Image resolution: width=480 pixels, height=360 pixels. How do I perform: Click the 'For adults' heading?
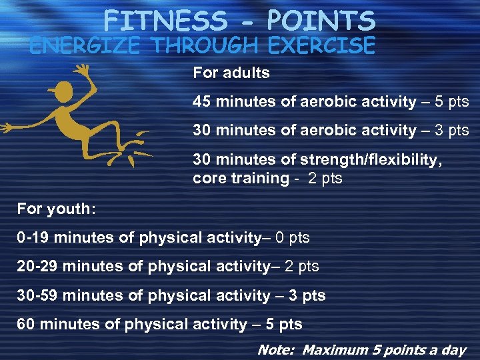coord(231,73)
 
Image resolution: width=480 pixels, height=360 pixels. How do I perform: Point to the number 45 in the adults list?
coord(201,101)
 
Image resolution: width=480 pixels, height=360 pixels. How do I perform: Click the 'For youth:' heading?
coord(57,209)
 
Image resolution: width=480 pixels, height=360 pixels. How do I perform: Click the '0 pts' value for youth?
coord(293,237)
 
